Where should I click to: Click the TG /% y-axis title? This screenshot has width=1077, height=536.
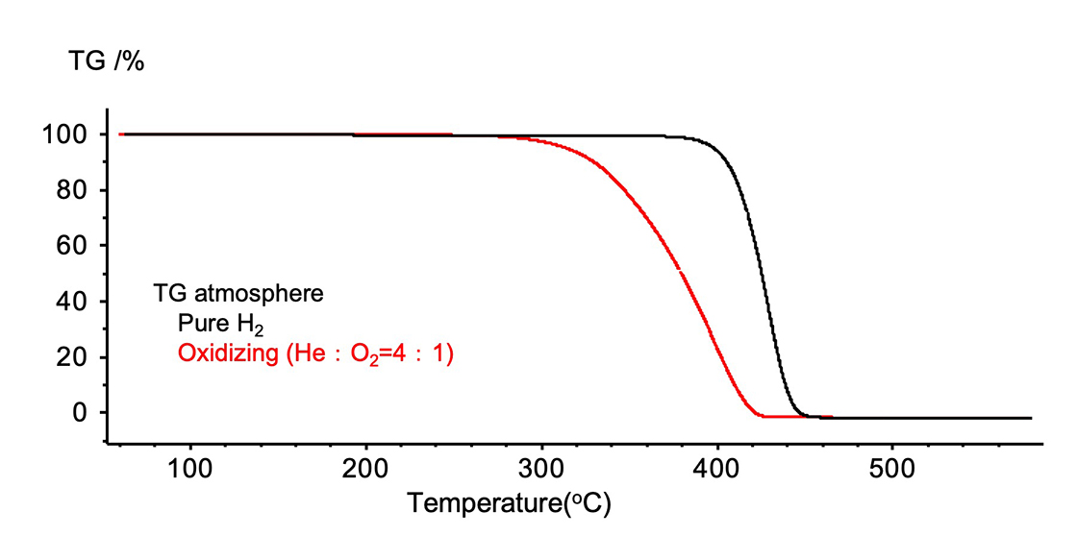(x=106, y=62)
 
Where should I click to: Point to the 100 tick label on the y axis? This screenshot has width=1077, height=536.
(x=67, y=134)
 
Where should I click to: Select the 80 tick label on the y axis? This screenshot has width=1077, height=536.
(x=74, y=190)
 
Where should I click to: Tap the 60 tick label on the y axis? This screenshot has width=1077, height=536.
(x=74, y=246)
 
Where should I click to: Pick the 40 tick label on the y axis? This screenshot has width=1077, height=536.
(x=74, y=302)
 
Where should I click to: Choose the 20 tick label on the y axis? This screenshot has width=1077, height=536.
(x=74, y=357)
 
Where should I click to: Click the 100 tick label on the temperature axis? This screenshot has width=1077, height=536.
(x=189, y=472)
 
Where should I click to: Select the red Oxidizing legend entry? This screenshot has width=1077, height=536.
(x=315, y=354)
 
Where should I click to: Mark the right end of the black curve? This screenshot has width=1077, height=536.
(x=1030, y=418)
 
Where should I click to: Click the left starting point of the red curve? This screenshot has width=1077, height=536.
(x=120, y=134)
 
